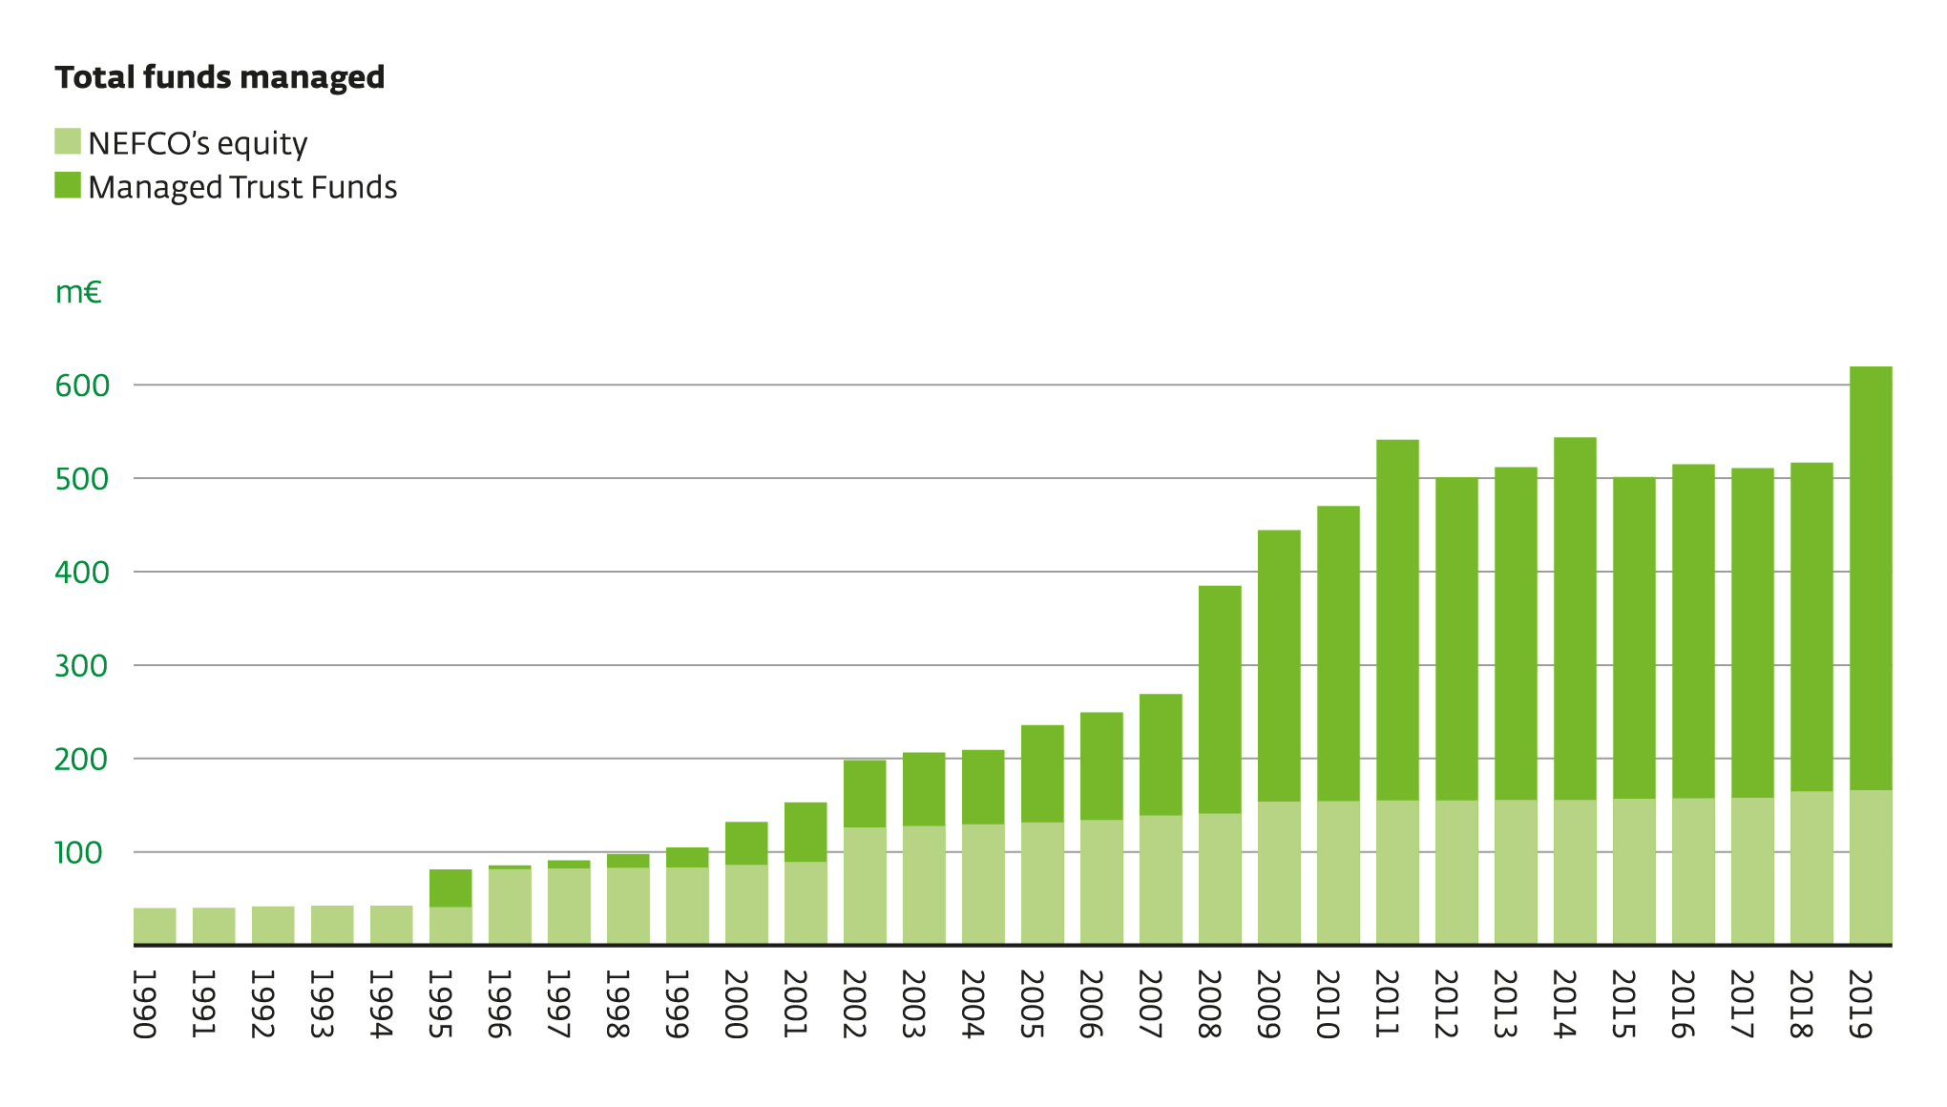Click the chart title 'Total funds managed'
[220, 77]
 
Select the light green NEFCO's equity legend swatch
[68, 141]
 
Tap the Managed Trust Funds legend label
[242, 187]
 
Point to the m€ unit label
[78, 292]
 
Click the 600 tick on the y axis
[82, 386]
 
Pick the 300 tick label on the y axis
[82, 666]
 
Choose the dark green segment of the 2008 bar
[1220, 700]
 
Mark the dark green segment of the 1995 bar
[450, 888]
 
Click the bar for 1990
[155, 926]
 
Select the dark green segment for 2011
[1397, 620]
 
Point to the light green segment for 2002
[865, 886]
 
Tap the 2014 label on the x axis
[1564, 1004]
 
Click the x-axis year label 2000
[736, 1004]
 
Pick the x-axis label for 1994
[381, 1004]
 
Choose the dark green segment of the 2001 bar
[806, 832]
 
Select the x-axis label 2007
[1150, 1004]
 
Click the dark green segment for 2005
[1042, 774]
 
